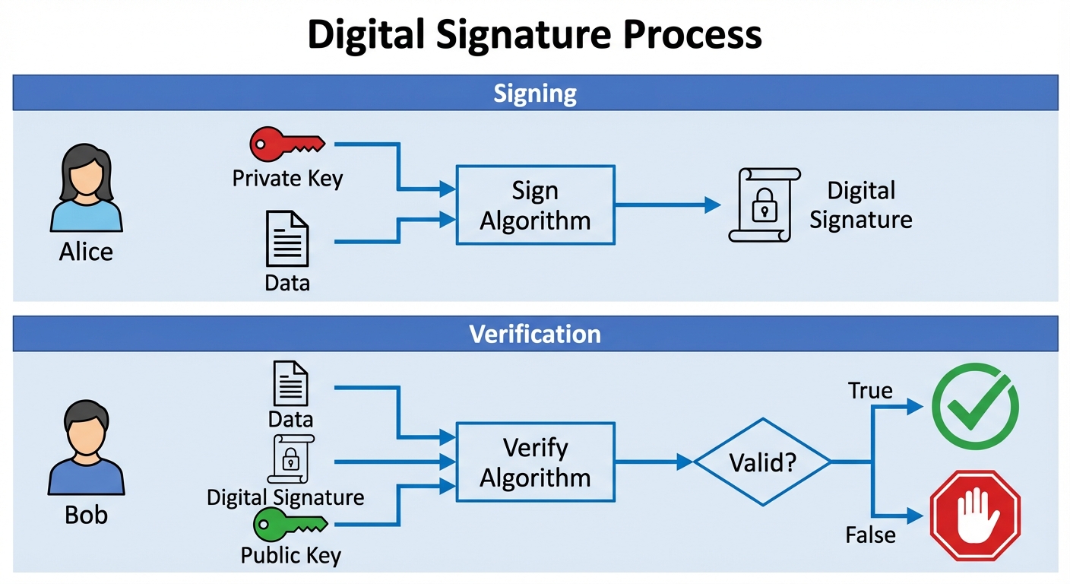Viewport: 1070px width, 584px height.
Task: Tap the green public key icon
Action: click(289, 524)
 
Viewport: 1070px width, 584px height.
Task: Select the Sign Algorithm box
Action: click(535, 205)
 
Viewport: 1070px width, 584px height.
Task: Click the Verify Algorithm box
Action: click(535, 462)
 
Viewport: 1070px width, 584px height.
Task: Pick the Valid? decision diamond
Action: click(762, 462)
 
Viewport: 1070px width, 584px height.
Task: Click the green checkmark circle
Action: click(975, 407)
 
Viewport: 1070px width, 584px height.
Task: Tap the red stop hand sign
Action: click(975, 515)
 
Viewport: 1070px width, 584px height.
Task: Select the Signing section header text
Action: click(535, 94)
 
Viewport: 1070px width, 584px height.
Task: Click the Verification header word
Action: click(535, 334)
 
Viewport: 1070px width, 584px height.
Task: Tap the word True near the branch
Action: click(870, 391)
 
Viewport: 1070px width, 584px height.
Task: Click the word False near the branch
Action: click(870, 535)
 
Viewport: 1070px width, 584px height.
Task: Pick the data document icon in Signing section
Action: click(286, 239)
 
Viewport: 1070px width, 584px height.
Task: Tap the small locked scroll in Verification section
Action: click(290, 459)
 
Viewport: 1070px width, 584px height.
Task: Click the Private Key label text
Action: click(287, 179)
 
